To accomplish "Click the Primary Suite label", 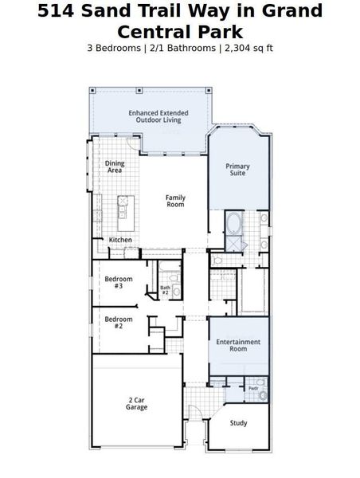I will click(238, 170).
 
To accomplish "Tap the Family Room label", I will click(175, 201).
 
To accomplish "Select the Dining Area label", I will click(115, 167).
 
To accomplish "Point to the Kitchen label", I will click(120, 240).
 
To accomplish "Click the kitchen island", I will click(123, 208).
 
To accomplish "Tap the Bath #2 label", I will click(166, 290).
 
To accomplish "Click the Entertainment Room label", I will click(238, 345).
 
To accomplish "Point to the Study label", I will click(238, 424).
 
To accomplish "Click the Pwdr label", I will click(252, 389).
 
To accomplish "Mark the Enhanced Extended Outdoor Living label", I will click(158, 116).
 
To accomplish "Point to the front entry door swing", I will click(194, 413).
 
